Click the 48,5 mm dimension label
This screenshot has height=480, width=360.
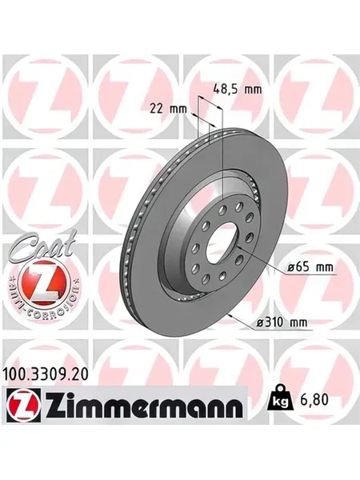(x=238, y=90)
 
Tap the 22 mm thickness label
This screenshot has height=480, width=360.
(x=168, y=109)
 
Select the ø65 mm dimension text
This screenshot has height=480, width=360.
(x=310, y=267)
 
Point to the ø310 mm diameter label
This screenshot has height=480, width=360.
(x=282, y=322)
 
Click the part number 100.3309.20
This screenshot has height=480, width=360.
(x=46, y=374)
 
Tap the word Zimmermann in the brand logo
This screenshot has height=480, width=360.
(x=144, y=405)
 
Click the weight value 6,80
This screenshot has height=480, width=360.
(x=313, y=400)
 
